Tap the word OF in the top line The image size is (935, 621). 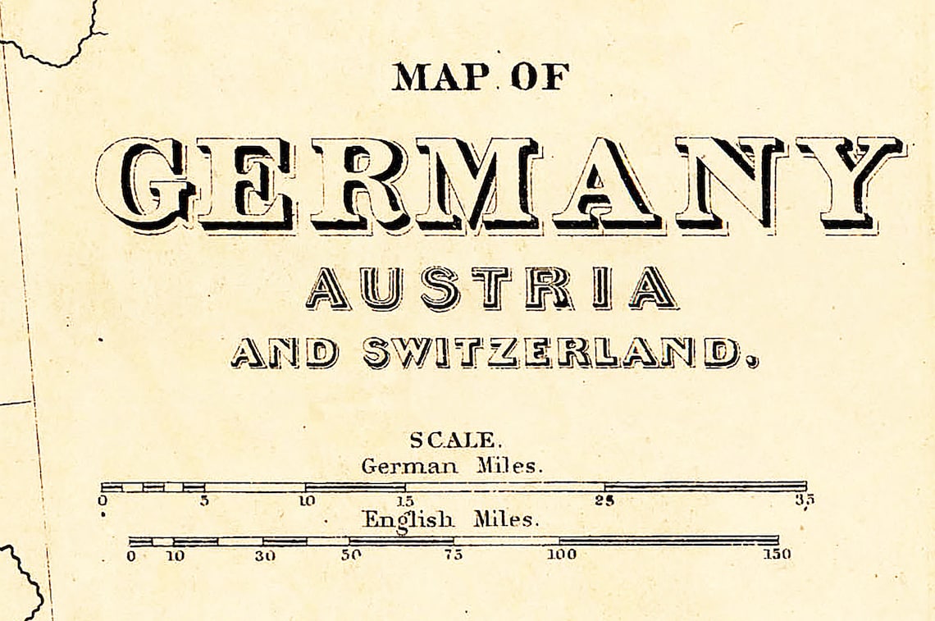tap(540, 77)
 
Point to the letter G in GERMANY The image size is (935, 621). tap(144, 185)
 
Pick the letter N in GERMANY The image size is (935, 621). tap(728, 185)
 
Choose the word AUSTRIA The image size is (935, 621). tap(491, 289)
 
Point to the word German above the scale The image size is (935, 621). tap(409, 467)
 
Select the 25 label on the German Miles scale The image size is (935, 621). tap(605, 500)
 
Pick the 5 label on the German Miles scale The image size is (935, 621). tap(203, 500)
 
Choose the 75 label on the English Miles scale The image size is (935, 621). tap(454, 555)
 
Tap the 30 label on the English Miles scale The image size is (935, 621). tap(264, 555)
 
